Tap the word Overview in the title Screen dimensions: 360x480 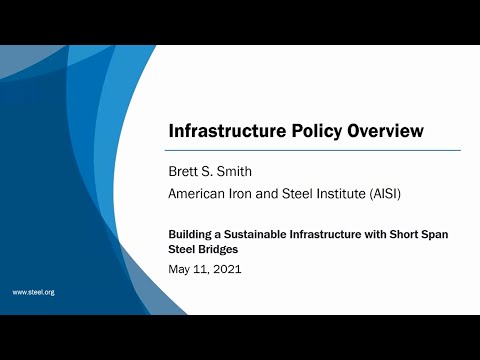(388, 131)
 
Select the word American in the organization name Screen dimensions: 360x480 (199, 192)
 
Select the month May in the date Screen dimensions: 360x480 (179, 269)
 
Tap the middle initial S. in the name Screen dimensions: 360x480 (210, 171)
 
